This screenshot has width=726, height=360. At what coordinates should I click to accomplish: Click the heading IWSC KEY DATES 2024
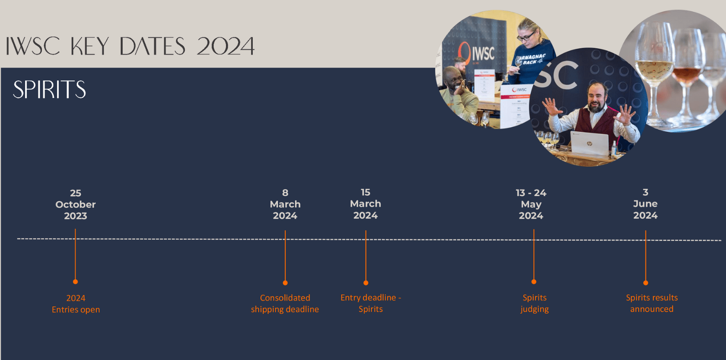coord(130,46)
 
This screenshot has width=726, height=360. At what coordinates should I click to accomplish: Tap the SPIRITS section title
coord(50,90)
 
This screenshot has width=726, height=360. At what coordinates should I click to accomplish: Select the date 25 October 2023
coord(76,204)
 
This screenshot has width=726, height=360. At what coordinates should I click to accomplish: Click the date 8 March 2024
coord(285,204)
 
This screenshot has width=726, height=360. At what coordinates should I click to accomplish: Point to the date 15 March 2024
coord(366,204)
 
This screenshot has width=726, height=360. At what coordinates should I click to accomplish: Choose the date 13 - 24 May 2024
coord(531,204)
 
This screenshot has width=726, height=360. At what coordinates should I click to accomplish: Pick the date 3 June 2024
coord(645,204)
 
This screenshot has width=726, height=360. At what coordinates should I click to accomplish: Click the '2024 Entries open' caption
coord(76,304)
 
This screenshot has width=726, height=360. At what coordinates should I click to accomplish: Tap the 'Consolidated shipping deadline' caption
coord(285,303)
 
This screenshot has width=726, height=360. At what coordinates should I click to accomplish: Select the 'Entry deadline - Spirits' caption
coord(371,303)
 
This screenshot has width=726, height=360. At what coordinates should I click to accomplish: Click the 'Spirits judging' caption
coord(534,303)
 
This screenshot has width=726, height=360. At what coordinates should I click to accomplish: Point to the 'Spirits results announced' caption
coord(652,303)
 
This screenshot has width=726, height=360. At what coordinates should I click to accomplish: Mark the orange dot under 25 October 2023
coord(76,282)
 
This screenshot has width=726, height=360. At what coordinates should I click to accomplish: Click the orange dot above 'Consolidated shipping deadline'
coord(285,283)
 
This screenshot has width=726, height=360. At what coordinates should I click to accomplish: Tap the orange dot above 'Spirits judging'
coord(534,282)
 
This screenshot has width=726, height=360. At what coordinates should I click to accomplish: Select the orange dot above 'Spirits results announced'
coord(646,283)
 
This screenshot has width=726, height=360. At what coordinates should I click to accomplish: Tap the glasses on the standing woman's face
coord(526,35)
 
